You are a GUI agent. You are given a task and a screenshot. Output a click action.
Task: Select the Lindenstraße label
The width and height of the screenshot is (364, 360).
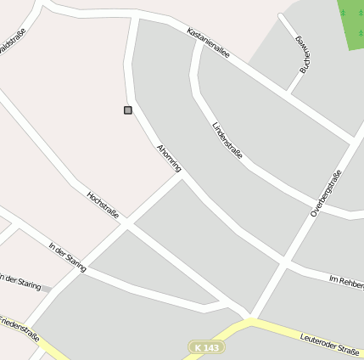pos(227,140)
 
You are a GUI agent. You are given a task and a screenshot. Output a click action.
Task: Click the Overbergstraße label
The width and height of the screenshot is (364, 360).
pos(326,194)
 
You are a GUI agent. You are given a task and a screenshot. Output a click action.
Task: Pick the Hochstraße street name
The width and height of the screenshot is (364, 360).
pos(103,205)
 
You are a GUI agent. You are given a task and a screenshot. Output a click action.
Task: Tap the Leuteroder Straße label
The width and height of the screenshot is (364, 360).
pos(330,343)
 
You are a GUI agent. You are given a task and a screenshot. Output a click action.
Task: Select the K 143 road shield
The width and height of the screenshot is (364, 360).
pos(204,347)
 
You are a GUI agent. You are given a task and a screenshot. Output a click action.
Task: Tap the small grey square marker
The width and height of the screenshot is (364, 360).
pos(128,110)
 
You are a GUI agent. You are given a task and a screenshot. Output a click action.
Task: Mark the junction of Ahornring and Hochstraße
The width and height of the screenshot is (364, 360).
pos(127,225)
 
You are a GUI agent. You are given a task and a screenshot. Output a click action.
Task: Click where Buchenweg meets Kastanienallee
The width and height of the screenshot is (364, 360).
pos(288,91)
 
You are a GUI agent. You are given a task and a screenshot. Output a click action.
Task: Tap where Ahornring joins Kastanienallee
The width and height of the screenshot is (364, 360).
pos(136,16)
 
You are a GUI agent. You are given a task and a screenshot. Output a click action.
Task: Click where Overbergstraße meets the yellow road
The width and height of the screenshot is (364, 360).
pos(251,320)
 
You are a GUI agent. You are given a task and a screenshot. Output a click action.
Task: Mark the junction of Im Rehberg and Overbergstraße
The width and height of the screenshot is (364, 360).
pos(283,263)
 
